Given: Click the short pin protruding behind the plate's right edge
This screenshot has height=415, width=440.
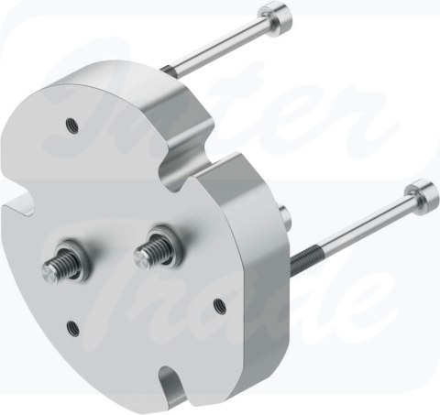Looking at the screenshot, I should (x=286, y=216).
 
